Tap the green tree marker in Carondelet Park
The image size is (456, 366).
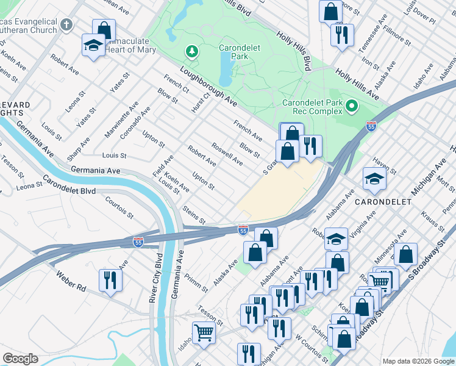click(193, 51)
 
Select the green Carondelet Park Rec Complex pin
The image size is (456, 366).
click(351, 107)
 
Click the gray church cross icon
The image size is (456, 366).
click(67, 25)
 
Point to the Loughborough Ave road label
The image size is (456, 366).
click(208, 84)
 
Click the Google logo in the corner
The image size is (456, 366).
click(20, 359)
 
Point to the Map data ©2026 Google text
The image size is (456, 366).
click(418, 361)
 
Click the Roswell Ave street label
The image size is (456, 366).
click(227, 154)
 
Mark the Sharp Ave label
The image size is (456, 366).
click(79, 148)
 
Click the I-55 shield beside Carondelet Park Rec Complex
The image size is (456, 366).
click(371, 126)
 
